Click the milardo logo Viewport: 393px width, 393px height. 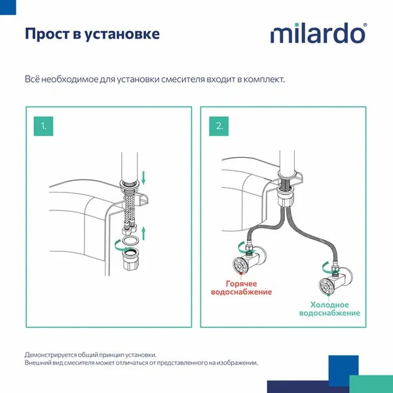[319, 33]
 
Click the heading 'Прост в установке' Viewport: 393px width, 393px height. [92, 33]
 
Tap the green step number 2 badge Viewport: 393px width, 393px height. [219, 126]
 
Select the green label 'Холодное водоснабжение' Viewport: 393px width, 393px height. [330, 309]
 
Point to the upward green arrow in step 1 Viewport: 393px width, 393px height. [145, 230]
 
